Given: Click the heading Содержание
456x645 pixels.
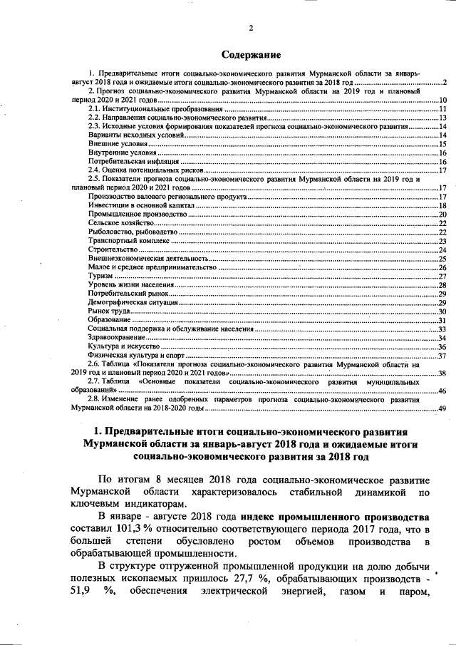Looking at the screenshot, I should coord(250,55).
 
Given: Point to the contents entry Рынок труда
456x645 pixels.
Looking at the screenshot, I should coord(108,311).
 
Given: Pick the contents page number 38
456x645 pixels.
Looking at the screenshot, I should coord(442,373).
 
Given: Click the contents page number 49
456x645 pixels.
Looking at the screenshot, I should coord(442,408).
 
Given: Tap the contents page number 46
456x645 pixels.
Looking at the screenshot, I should coord(442,391).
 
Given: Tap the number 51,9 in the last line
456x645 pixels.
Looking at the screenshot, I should coord(80,592).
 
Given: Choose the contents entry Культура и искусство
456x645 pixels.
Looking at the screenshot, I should coord(124,346).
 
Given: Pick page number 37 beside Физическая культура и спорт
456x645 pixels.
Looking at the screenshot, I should coord(442,356).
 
